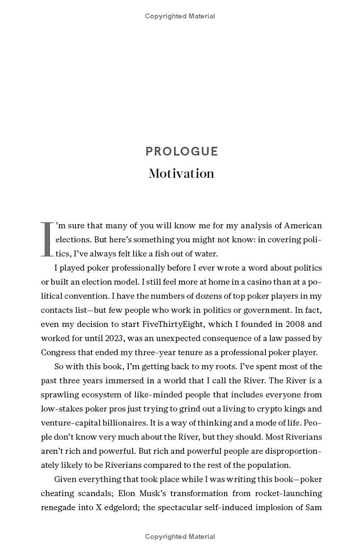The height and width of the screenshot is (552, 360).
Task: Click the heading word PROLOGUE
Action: click(x=181, y=151)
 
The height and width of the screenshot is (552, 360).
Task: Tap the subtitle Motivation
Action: click(x=181, y=173)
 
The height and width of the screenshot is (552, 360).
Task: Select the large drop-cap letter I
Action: click(x=47, y=239)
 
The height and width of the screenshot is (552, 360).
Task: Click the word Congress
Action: click(x=59, y=352)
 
